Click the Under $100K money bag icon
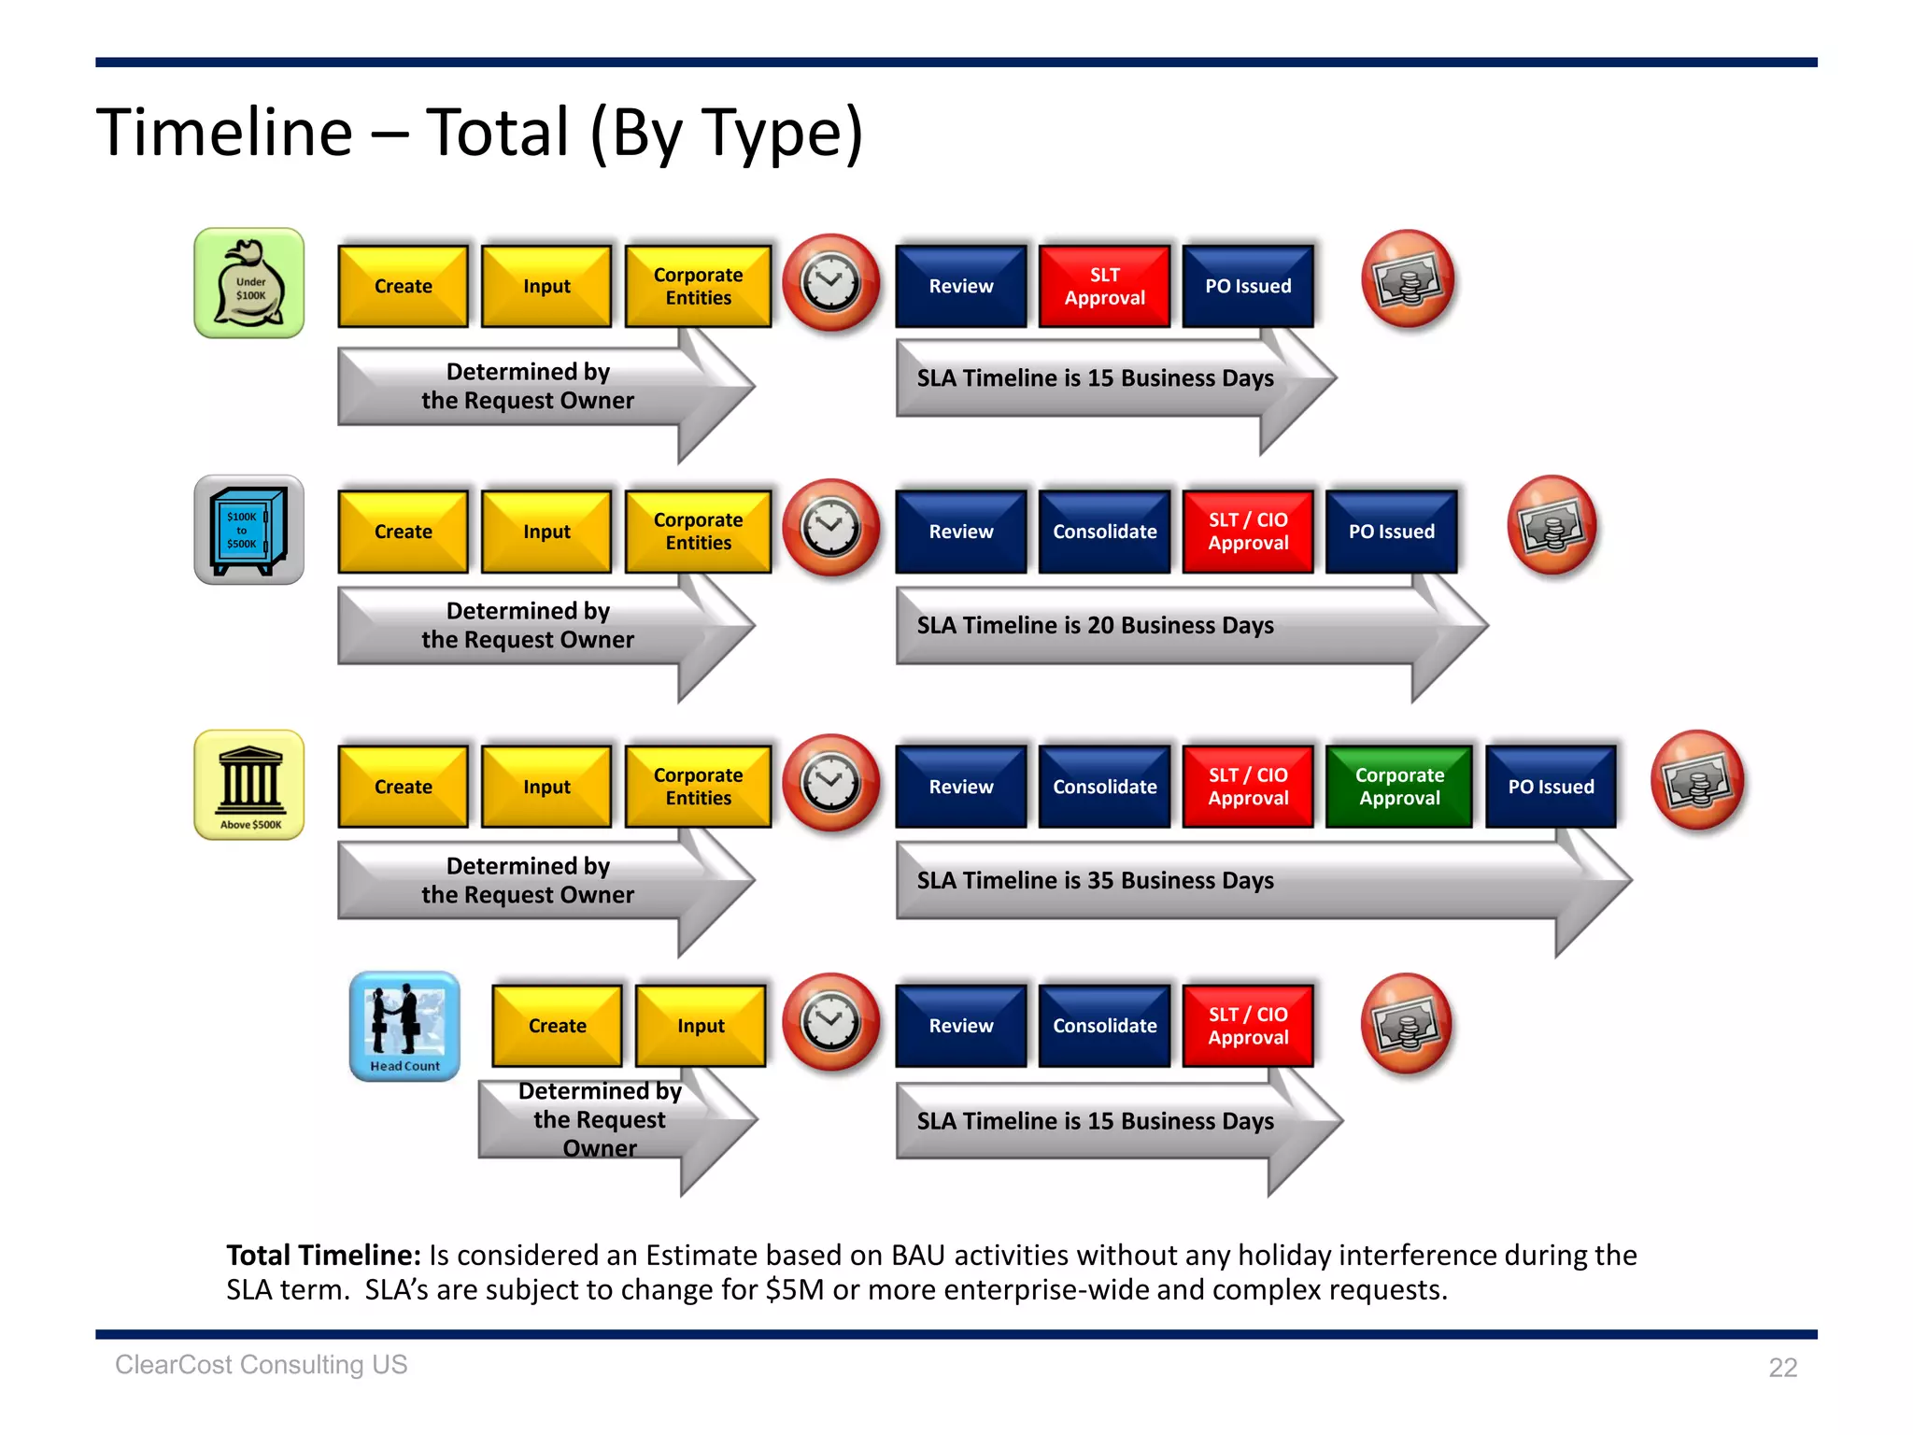pos(248,283)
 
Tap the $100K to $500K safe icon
pos(248,530)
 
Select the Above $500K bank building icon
pos(248,785)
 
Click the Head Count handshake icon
pos(404,1026)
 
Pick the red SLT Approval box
pos(1104,286)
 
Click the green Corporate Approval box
pos(1399,786)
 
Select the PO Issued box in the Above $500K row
pos(1551,786)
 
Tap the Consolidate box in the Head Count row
pos(1104,1025)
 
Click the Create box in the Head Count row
pos(557,1025)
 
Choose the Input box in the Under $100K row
pos(546,286)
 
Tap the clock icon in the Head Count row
pos(830,1023)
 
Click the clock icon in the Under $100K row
pos(830,282)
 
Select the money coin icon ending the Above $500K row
pos(1697,780)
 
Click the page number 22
pos(1782,1367)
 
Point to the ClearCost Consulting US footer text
pos(262,1365)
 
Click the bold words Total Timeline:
pos(323,1255)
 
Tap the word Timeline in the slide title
pos(224,132)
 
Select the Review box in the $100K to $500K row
pos(960,531)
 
